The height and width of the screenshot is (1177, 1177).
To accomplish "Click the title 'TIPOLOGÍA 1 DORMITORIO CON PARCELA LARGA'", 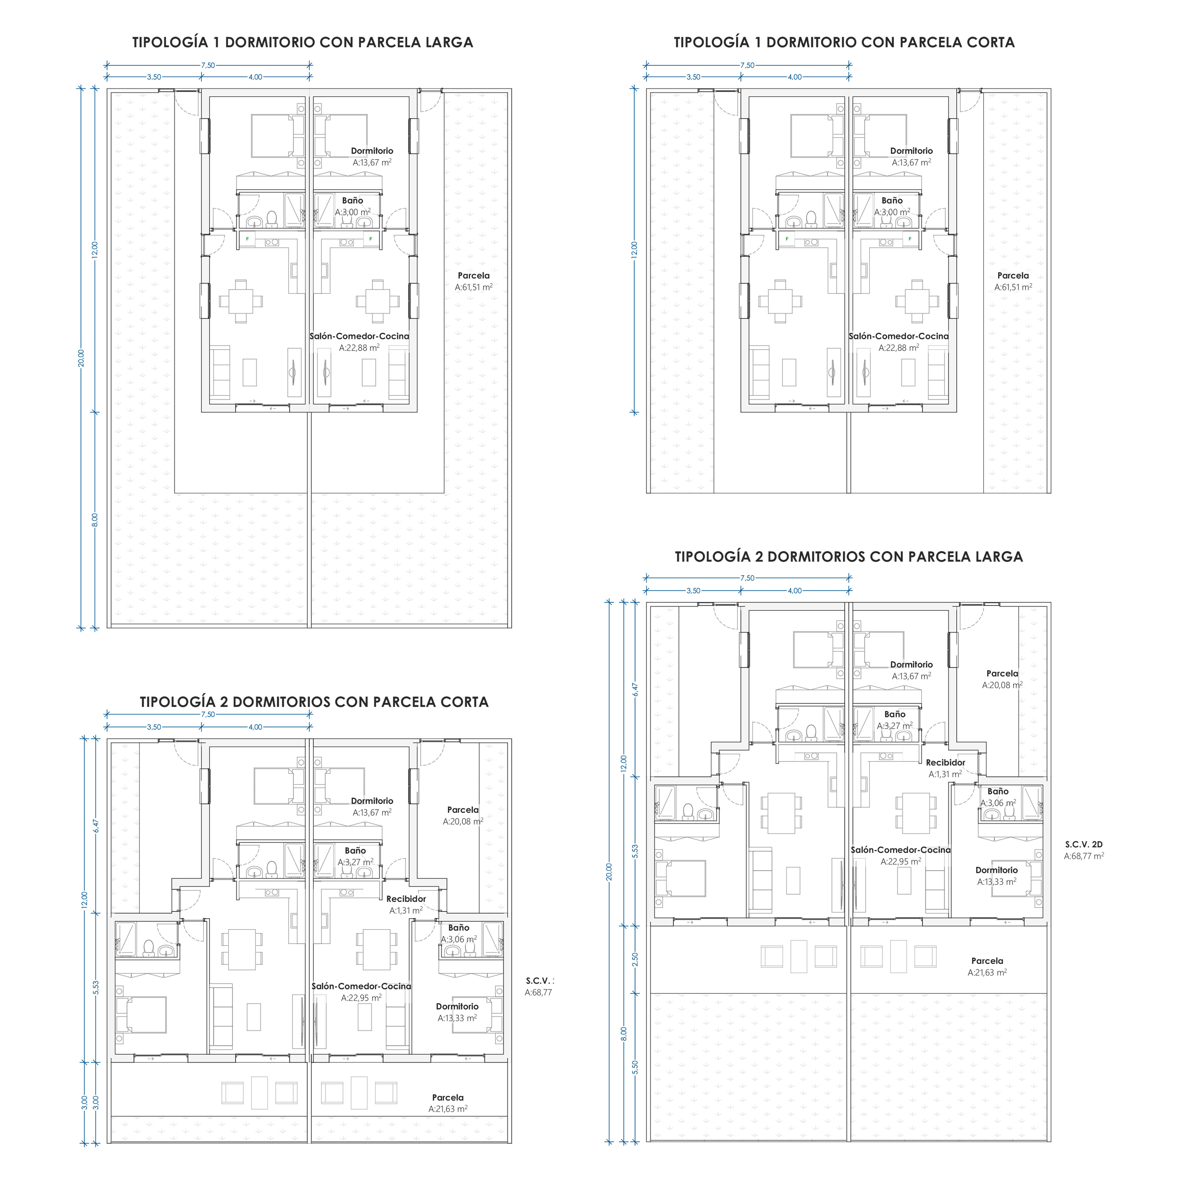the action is click(303, 43).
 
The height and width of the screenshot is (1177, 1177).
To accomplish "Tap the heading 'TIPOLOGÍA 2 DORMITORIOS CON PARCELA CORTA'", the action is click(314, 702).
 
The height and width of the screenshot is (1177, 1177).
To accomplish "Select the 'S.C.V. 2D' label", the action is click(1084, 844).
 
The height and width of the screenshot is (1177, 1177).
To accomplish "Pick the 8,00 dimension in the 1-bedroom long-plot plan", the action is click(94, 520).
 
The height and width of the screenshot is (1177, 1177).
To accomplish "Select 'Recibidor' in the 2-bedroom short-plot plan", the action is click(406, 898).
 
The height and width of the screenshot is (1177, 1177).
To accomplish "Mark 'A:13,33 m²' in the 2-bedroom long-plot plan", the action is click(997, 882).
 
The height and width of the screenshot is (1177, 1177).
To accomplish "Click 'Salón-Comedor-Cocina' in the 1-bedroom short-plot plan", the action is click(898, 336).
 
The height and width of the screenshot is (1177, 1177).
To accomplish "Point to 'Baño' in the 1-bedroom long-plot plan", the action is click(353, 200).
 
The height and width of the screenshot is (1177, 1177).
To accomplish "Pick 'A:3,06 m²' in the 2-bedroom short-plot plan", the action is click(459, 939).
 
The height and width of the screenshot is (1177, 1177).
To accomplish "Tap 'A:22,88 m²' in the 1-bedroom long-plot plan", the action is click(359, 348).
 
